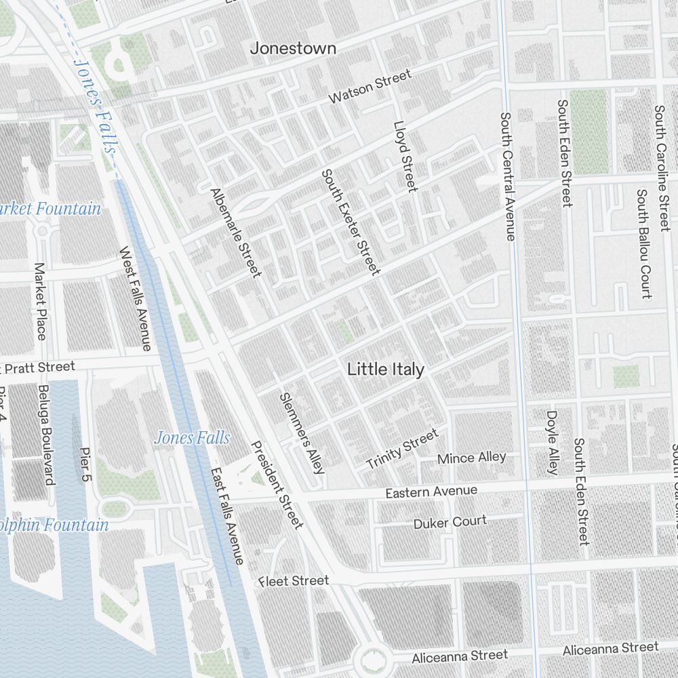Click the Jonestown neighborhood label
[293, 48]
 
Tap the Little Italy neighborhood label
[386, 370]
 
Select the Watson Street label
[370, 86]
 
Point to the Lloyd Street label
[405, 157]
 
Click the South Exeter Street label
[351, 222]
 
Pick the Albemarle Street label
[235, 233]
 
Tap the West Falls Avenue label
[135, 298]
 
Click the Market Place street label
[40, 302]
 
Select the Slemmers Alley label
[302, 432]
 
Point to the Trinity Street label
[402, 449]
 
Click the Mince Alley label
[471, 458]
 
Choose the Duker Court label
[450, 522]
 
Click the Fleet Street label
[294, 581]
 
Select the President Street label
[277, 485]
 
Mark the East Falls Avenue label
[226, 516]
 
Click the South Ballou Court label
[643, 243]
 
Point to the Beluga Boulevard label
[45, 435]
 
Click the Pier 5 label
[85, 464]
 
